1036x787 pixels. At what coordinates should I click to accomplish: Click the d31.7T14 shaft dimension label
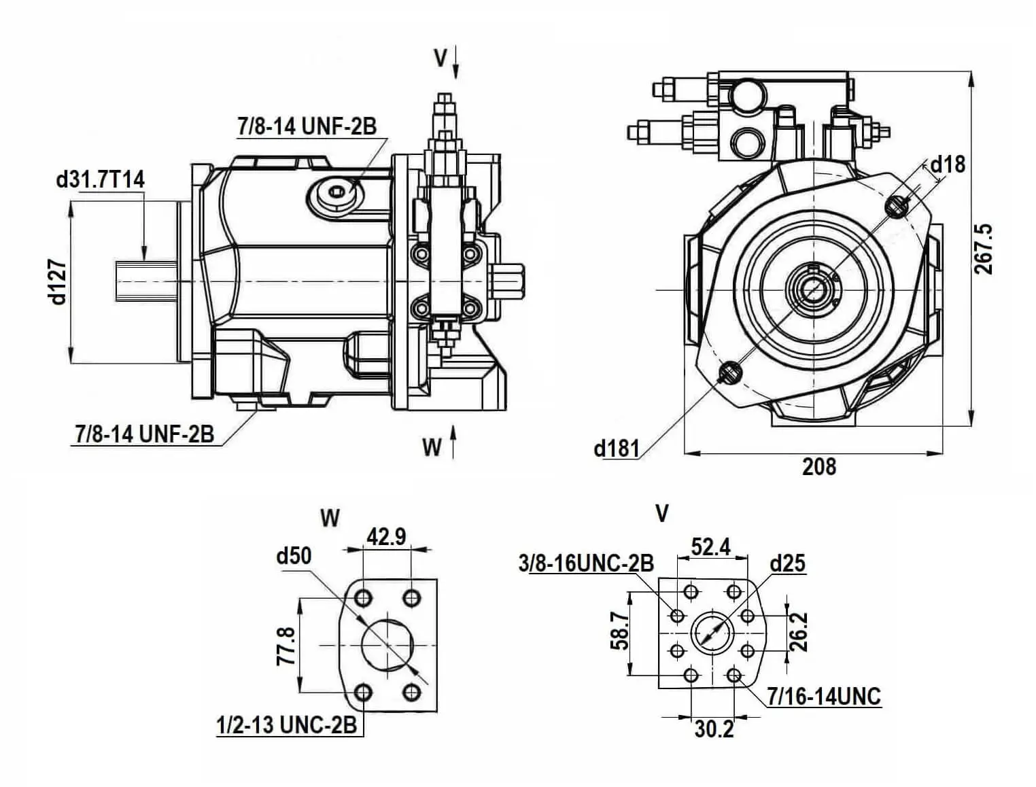pos(100,180)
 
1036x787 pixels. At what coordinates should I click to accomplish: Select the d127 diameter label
pos(58,281)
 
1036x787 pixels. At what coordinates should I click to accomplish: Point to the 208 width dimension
pos(819,467)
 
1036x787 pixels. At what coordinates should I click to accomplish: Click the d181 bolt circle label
pos(617,449)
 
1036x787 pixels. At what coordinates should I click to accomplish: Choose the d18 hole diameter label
pos(948,164)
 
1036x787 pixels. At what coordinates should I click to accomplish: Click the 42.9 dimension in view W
pos(386,536)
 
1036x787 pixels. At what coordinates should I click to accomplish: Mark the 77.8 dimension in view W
pos(286,646)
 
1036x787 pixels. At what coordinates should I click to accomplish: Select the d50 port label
pos(294,557)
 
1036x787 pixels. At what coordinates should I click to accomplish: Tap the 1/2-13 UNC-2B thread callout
pos(286,725)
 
